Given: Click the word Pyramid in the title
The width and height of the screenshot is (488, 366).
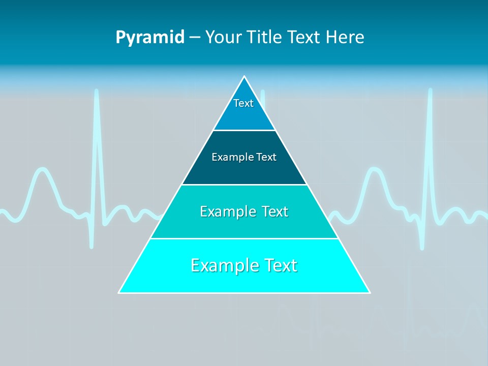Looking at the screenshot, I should pyautogui.click(x=150, y=38).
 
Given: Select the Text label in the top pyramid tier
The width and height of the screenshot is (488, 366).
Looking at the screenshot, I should pyautogui.click(x=243, y=103).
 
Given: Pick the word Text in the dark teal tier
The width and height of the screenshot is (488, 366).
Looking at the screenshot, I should pyautogui.click(x=266, y=157).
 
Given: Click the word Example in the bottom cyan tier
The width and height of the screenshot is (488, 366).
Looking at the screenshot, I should pyautogui.click(x=222, y=265).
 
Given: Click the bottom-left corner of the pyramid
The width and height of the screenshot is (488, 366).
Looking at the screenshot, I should pyautogui.click(x=119, y=293).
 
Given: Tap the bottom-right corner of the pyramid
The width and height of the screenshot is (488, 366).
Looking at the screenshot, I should pyautogui.click(x=370, y=293).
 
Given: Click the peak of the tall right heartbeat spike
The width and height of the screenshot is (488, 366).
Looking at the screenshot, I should pyautogui.click(x=430, y=90).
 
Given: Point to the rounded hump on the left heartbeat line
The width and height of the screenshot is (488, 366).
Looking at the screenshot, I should pyautogui.click(x=42, y=170).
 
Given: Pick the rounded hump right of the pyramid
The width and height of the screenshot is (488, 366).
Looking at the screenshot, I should pyautogui.click(x=375, y=170).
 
